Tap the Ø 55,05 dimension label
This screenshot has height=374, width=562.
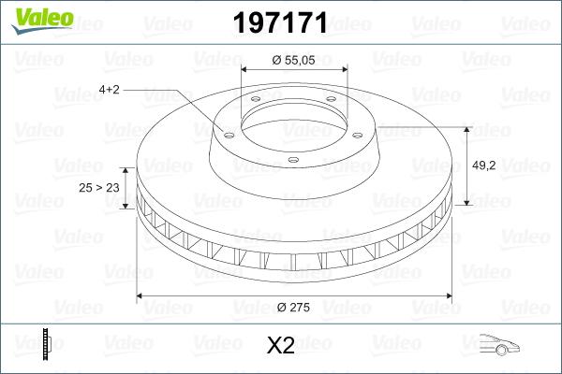coord(294,59)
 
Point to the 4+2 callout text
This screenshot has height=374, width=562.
coord(111,90)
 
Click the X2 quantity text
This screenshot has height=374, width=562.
coord(280,346)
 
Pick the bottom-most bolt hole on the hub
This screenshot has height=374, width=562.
coord(293,159)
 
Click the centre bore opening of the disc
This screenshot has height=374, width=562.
coord(294,118)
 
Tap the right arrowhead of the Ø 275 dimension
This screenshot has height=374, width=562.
coord(447,296)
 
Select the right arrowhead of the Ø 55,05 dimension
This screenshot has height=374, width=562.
coord(344,68)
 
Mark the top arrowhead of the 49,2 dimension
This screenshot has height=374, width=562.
coord(466,129)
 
